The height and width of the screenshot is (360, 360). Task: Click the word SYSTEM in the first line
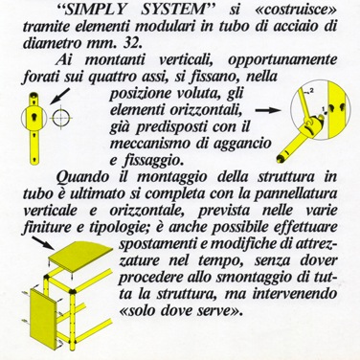click(x=174, y=10)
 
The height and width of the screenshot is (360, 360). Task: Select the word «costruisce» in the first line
click(x=297, y=10)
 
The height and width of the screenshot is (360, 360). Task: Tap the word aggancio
click(x=242, y=145)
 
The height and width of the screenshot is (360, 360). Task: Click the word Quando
click(x=82, y=177)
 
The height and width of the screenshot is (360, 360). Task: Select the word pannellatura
click(x=296, y=194)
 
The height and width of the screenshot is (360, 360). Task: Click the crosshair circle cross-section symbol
click(x=59, y=118)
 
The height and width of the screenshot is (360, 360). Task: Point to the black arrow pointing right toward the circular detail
click(x=267, y=110)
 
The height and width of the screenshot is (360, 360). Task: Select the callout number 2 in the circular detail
click(x=311, y=91)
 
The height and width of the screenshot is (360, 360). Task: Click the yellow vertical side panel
click(x=44, y=317)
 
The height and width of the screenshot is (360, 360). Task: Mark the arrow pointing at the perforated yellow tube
click(x=60, y=96)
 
